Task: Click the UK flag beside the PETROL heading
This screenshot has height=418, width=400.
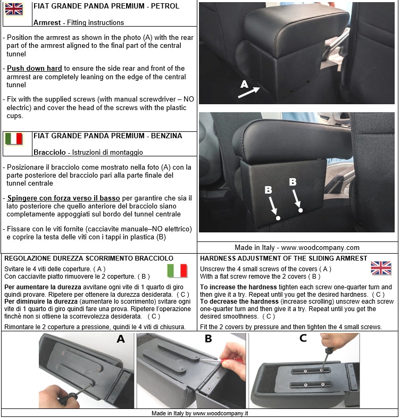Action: (13, 9)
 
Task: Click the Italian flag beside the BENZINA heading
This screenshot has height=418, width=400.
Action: (13, 139)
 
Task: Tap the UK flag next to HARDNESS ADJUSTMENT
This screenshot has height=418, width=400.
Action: (381, 268)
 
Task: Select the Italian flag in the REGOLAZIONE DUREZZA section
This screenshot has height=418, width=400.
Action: (177, 271)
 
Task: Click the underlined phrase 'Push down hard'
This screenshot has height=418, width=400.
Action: (35, 69)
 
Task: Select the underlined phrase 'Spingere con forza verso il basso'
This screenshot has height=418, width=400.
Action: (63, 198)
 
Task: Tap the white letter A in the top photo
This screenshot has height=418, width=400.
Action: (244, 84)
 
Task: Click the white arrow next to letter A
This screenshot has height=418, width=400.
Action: (249, 93)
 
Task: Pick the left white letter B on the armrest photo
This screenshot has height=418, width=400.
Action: (269, 190)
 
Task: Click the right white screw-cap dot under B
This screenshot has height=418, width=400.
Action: (301, 210)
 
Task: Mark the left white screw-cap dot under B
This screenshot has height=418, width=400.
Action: (278, 217)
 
